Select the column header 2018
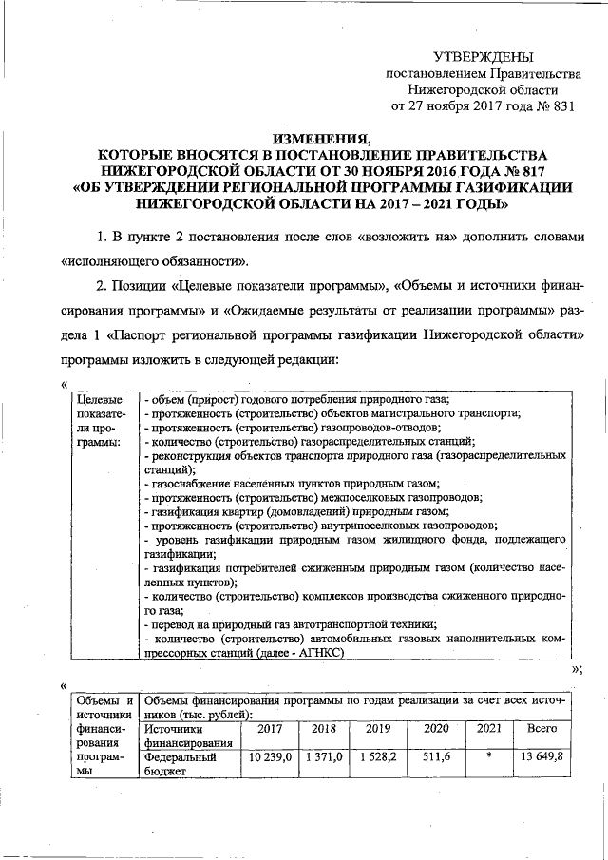pyautogui.click(x=325, y=729)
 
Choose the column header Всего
pyautogui.click(x=541, y=729)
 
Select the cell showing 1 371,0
pyautogui.click(x=325, y=757)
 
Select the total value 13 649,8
pyautogui.click(x=541, y=757)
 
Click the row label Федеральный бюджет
pyautogui.click(x=181, y=765)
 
